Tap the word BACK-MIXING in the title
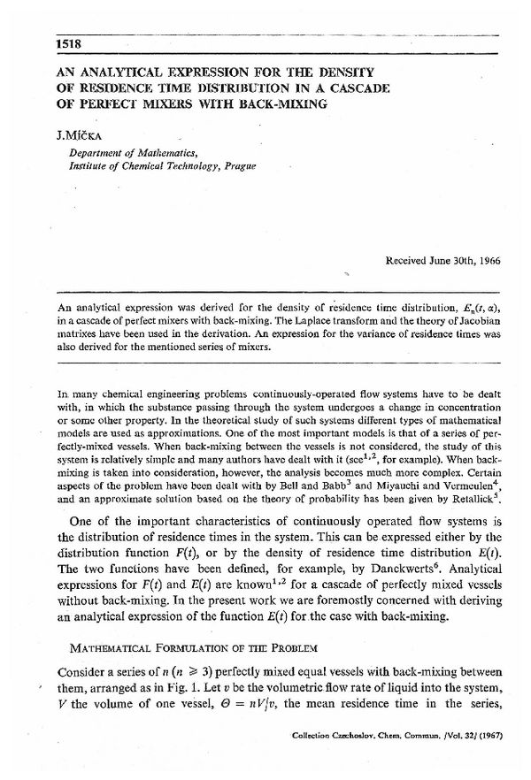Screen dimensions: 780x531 tap(276, 104)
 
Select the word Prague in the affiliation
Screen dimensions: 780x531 tap(236, 165)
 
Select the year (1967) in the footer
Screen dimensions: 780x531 tap(489, 759)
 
